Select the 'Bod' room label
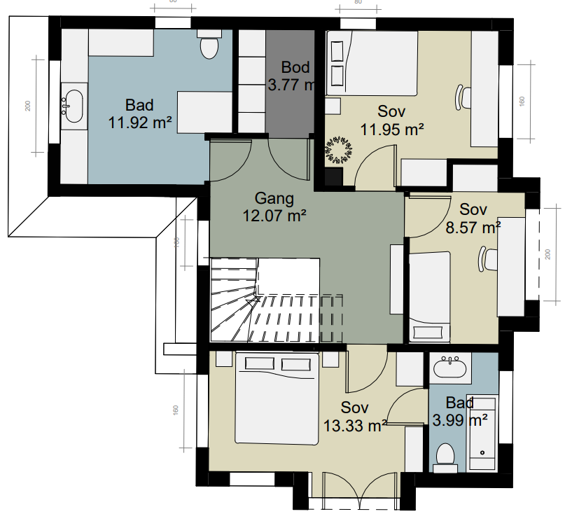[295, 68]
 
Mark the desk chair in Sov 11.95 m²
[461, 97]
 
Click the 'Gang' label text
[274, 198]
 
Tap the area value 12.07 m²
[274, 216]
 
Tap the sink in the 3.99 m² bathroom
[448, 367]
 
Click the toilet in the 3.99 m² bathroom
[445, 455]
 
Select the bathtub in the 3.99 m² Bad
[482, 434]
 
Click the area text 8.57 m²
[473, 227]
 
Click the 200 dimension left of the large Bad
[28, 106]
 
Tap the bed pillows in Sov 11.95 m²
[337, 63]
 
